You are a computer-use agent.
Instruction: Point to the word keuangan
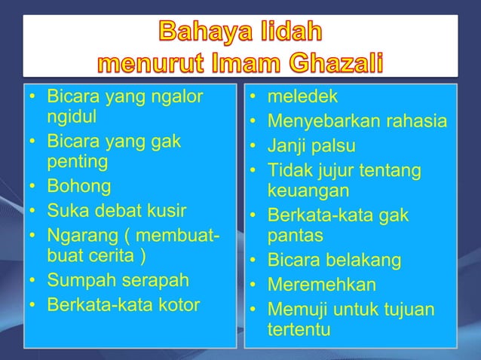(x=307, y=190)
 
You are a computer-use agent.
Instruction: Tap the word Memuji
(x=296, y=310)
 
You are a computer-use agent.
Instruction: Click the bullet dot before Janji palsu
(x=254, y=146)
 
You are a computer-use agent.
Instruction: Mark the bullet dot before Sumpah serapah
(x=33, y=281)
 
